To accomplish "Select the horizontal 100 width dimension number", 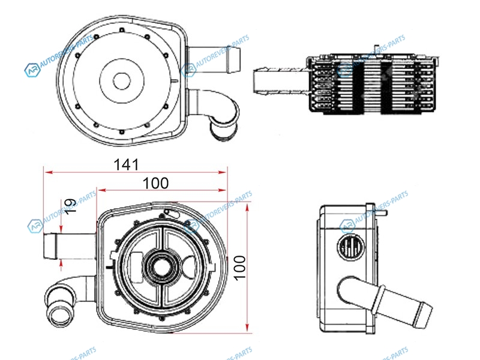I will [156, 183].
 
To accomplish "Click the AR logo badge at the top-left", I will [31, 71].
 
